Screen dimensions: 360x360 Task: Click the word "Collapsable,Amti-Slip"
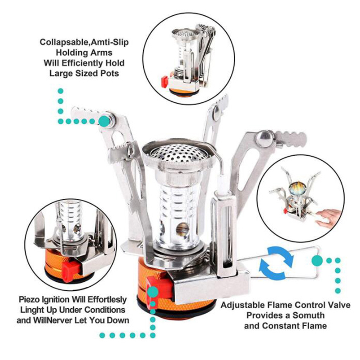(x=84, y=42)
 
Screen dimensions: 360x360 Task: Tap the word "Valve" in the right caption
(x=339, y=305)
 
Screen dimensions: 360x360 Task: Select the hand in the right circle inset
(x=328, y=217)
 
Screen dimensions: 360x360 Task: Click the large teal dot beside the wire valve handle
(x=317, y=260)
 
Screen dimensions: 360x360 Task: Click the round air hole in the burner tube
(x=183, y=230)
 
